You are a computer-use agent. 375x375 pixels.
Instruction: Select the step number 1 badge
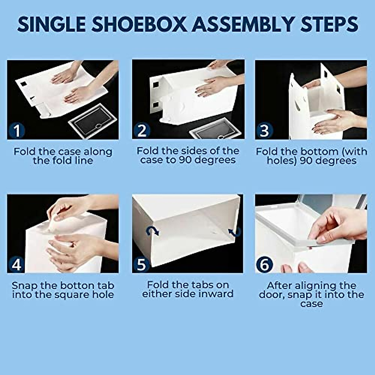(17, 130)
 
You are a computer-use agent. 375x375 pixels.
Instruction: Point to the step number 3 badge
(264, 130)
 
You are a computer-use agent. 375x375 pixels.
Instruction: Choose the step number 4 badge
(17, 264)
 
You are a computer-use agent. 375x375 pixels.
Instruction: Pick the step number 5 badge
(142, 264)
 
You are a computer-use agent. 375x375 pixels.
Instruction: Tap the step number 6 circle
(264, 265)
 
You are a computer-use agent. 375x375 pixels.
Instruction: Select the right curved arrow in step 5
(234, 232)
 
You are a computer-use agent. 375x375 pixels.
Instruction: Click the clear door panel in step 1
(92, 120)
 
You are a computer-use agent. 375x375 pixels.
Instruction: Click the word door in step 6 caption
(272, 295)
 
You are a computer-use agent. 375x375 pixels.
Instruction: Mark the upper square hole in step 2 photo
(156, 84)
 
